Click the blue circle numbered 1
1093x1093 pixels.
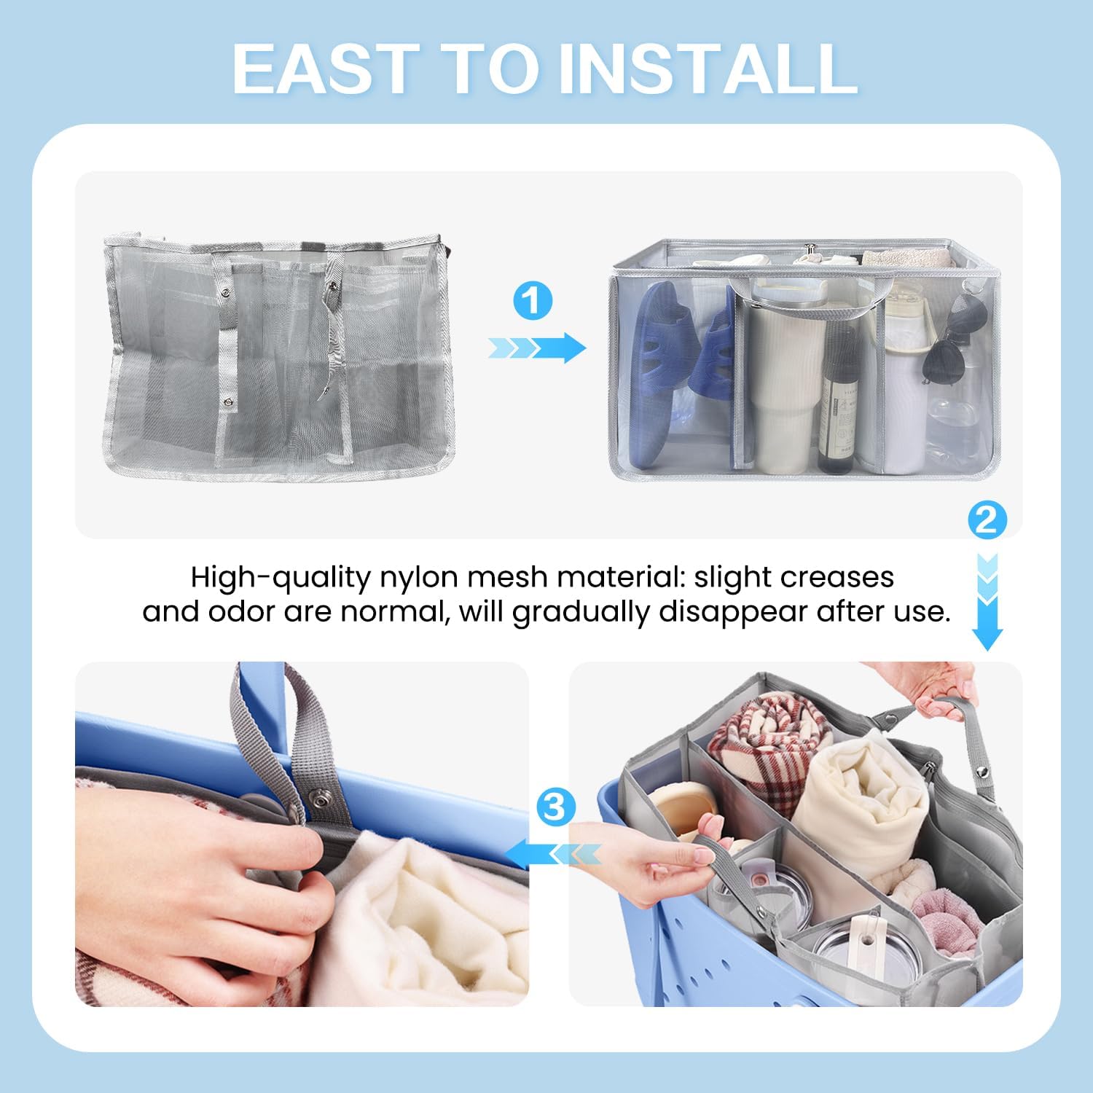tap(533, 301)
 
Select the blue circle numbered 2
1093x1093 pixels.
tap(987, 520)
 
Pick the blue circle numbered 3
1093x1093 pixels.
tap(555, 807)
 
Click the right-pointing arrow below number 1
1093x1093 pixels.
tap(537, 348)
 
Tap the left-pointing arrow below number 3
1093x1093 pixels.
tap(554, 853)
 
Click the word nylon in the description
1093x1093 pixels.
tap(419, 577)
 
